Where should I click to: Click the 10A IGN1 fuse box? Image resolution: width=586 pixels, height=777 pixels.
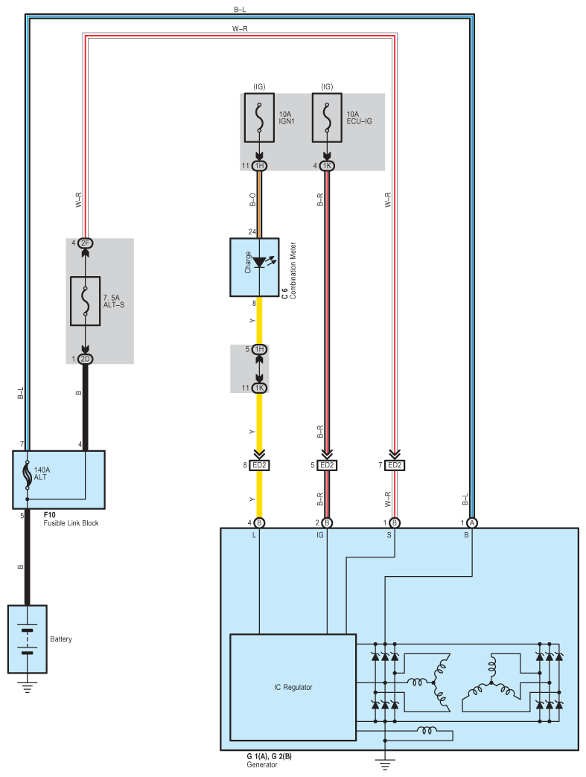point(259,118)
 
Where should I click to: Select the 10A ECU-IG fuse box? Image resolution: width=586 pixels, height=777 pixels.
point(327,118)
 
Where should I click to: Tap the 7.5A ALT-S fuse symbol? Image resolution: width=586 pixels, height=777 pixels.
point(86,301)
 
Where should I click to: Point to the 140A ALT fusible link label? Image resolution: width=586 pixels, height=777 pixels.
point(42,473)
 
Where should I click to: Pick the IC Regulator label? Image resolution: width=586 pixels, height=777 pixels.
point(293,687)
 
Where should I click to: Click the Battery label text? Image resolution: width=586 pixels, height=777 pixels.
point(61,639)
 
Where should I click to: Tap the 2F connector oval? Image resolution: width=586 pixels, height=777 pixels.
point(86,243)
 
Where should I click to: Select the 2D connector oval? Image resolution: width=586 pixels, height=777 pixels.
point(86,359)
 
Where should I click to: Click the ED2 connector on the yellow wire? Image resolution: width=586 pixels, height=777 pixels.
point(259,465)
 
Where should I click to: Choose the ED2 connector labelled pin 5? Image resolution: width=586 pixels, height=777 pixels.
point(327,465)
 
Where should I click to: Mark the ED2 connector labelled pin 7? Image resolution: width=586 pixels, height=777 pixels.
point(395,465)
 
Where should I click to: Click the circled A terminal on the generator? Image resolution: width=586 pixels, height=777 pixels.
point(472,522)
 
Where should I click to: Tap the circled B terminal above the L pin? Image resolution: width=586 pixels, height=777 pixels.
point(259,522)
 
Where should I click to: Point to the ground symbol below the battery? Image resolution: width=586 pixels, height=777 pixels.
point(28,688)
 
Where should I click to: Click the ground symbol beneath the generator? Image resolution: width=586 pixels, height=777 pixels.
point(385,764)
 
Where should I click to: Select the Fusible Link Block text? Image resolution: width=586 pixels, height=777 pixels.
point(71,523)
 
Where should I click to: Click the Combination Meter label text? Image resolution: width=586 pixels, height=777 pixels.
point(293,271)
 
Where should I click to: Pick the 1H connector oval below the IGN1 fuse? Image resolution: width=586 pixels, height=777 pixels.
point(259,165)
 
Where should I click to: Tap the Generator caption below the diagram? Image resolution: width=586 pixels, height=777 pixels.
point(262,764)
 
